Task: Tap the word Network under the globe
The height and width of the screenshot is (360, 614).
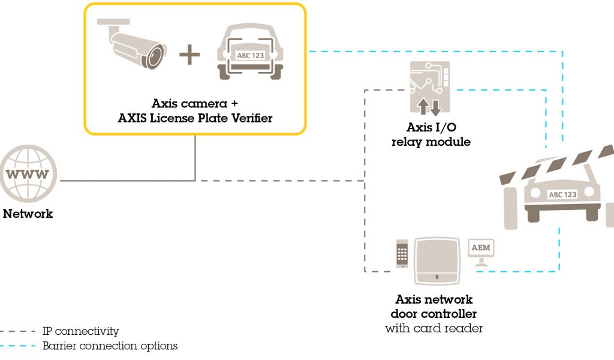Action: [28, 214]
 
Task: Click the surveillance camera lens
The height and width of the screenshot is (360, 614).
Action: [155, 57]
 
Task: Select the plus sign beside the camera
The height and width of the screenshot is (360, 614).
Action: [189, 55]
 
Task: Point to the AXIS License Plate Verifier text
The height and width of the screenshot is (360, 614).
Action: [195, 118]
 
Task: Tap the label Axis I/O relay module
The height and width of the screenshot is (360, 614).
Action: [430, 135]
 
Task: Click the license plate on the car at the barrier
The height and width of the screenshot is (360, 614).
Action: [562, 194]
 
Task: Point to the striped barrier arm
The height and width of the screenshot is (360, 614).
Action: [558, 166]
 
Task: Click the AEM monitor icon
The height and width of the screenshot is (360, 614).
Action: [481, 250]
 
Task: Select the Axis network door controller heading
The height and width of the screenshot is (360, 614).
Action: [434, 306]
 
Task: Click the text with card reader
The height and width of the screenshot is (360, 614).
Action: [434, 328]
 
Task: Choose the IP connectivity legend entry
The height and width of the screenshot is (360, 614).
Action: [81, 331]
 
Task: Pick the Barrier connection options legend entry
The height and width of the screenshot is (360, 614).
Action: [110, 346]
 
